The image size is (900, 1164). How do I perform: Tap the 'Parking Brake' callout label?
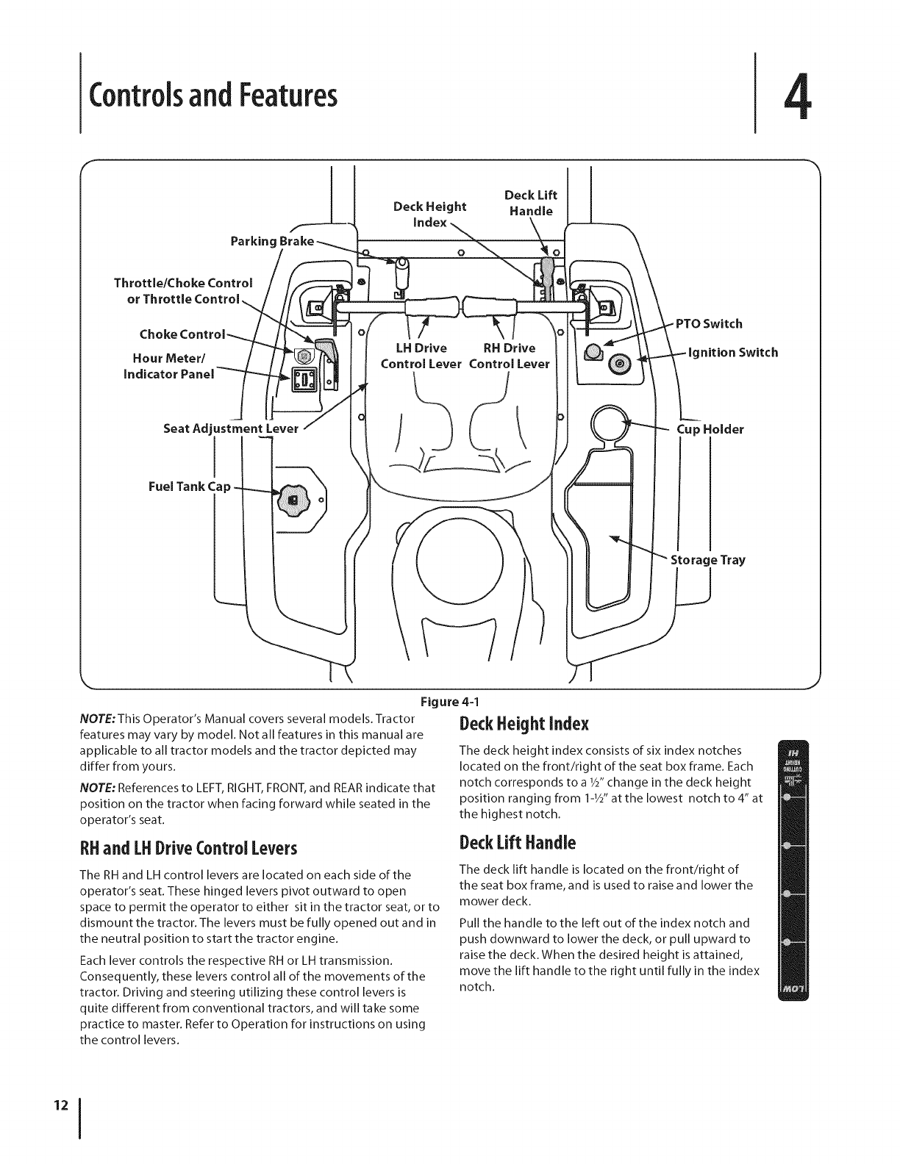coord(271,241)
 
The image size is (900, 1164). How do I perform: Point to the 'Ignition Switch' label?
coord(732,352)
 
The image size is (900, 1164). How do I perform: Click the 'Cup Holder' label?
coord(710,429)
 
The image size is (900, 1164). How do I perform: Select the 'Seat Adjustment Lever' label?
coord(231,428)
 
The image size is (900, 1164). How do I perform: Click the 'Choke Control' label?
coord(182,334)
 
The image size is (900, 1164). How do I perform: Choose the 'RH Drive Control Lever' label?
coord(510,356)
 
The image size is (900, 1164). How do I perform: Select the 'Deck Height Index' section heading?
coord(524,724)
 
